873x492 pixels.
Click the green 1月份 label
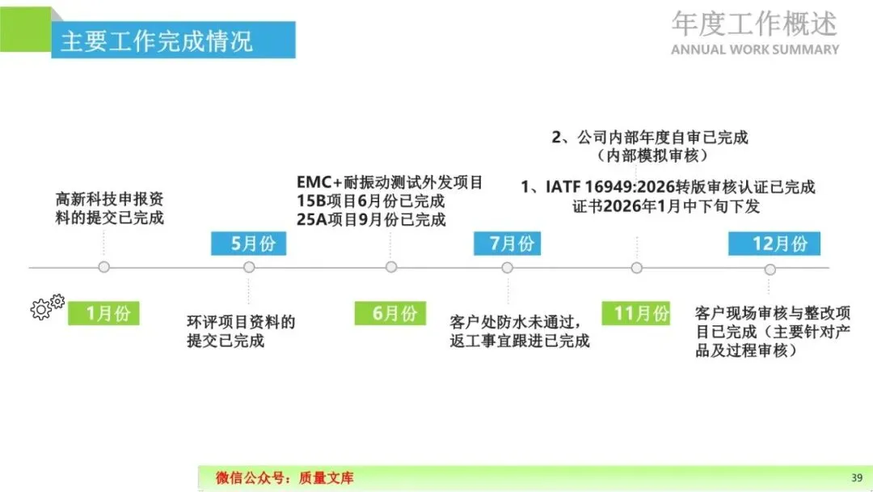pyautogui.click(x=103, y=313)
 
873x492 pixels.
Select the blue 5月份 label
pyautogui.click(x=248, y=244)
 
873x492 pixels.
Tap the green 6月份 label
pyautogui.click(x=390, y=313)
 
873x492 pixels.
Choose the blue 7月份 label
pyautogui.click(x=507, y=244)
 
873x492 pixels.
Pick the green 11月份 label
pyautogui.click(x=636, y=313)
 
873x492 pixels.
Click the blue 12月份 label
pyautogui.click(x=774, y=244)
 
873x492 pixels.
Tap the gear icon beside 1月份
pyautogui.click(x=47, y=307)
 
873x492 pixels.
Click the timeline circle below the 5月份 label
pyautogui.click(x=249, y=267)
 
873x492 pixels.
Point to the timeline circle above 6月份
pyautogui.click(x=391, y=267)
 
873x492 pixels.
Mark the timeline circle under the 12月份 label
pyautogui.click(x=770, y=269)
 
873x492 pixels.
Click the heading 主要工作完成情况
pyautogui.click(x=157, y=41)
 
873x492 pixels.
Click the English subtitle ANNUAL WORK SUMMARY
pyautogui.click(x=755, y=49)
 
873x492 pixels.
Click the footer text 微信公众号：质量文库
pyautogui.click(x=285, y=478)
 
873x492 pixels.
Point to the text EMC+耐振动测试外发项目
pyautogui.click(x=390, y=182)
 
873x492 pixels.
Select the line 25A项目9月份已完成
pyautogui.click(x=371, y=219)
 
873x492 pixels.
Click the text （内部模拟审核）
pyautogui.click(x=652, y=155)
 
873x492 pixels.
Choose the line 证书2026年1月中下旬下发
pyautogui.click(x=666, y=206)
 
